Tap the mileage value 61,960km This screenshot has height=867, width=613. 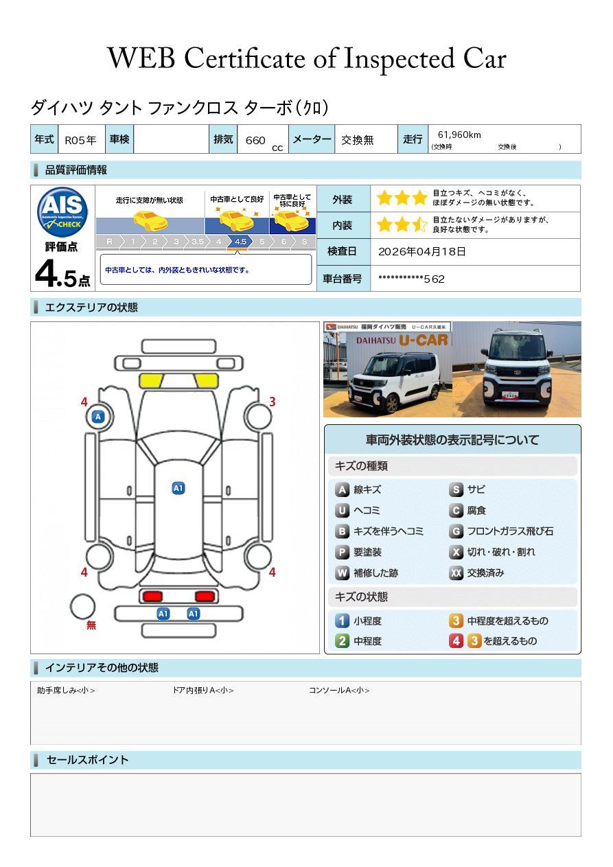coord(459,135)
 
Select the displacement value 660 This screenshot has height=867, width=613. coord(255,140)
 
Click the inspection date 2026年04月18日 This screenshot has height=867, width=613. coord(421,252)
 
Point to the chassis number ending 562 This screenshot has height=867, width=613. coord(411,279)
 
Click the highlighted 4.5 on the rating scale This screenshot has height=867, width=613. coord(240,242)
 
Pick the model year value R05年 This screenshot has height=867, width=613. coord(80,140)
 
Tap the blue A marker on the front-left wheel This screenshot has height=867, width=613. coord(98,417)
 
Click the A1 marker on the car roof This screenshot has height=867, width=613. coord(178,488)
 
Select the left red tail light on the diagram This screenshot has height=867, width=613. coord(152,596)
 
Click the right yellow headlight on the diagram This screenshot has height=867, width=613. coord(205,380)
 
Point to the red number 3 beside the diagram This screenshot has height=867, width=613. coord(272,402)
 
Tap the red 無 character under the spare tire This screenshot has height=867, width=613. coord(91,625)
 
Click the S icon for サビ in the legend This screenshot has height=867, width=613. coord(456,490)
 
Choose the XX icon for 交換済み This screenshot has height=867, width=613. coord(456,573)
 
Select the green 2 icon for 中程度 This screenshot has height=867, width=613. coord(342,641)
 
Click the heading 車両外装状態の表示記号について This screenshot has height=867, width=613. coord(452,440)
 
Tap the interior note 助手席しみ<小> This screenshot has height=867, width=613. coord(66,691)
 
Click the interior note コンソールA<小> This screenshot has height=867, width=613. coord(339,691)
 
